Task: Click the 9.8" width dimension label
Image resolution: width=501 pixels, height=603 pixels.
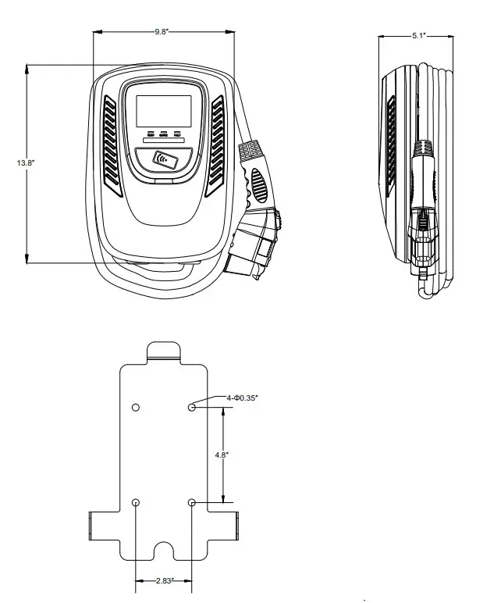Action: [164, 32]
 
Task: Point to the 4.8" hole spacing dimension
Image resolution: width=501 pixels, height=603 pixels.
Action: [222, 454]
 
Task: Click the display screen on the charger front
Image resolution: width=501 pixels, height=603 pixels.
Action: [164, 109]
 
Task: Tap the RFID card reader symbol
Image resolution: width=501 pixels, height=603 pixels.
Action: [165, 161]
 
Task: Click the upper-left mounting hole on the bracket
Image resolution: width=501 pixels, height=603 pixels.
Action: [136, 408]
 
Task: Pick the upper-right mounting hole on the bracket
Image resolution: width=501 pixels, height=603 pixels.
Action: [192, 407]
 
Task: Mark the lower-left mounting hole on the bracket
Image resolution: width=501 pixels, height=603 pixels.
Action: [136, 502]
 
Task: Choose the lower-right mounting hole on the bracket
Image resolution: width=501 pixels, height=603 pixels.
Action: [192, 502]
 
